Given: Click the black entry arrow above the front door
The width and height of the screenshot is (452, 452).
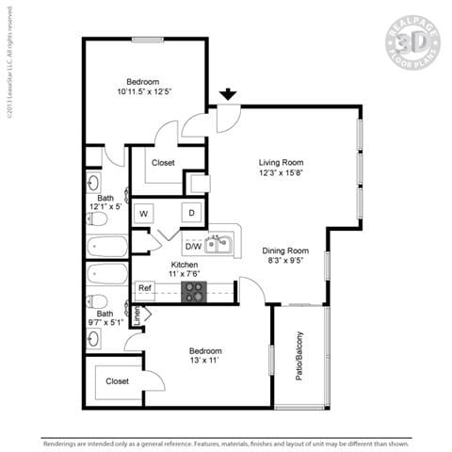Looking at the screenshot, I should [227, 94].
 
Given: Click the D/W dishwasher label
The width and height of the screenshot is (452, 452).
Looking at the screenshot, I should [193, 247].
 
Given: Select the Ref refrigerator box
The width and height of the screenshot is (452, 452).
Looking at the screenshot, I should [145, 289].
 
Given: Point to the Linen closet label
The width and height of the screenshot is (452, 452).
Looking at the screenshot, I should [137, 315].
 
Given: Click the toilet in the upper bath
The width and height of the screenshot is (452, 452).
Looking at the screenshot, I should [98, 218].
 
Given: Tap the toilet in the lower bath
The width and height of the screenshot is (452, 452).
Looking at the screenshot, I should [98, 302].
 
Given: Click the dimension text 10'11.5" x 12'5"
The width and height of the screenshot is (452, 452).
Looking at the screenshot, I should [144, 92].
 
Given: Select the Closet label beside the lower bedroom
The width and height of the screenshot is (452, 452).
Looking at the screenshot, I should [117, 381].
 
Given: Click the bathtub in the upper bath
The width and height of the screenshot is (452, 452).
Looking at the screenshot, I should [106, 248].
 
